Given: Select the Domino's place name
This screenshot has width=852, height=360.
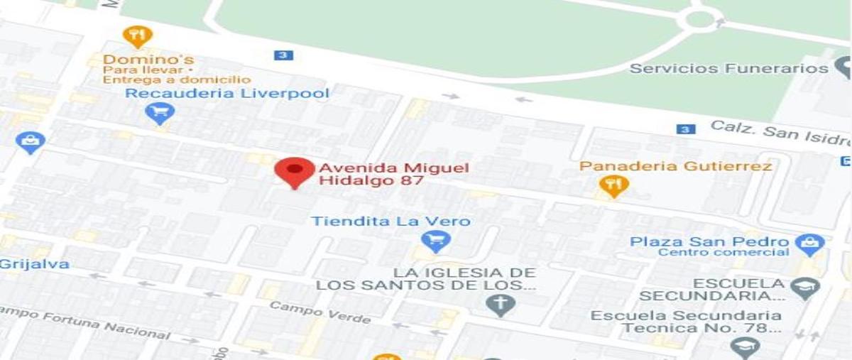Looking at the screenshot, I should pos(148,60).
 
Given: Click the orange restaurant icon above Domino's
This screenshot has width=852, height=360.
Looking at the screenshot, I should pos(137,36).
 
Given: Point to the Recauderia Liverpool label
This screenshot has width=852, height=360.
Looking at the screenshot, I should pos(227,94).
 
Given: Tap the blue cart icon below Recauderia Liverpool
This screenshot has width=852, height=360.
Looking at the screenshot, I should pos(159,113).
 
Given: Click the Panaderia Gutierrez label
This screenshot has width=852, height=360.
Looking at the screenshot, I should pos(675,166).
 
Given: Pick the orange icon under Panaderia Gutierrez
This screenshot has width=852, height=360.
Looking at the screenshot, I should pos(613,187).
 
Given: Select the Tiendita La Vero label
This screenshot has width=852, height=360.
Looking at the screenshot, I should pos(390,222).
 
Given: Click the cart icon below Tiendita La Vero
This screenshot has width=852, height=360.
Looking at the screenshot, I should pos(435,241).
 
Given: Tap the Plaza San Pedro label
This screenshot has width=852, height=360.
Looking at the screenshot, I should pos(709,242).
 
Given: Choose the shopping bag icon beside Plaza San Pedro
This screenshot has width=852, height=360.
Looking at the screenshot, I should pos(809,245).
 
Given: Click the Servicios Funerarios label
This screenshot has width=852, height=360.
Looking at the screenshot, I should pos(729,68).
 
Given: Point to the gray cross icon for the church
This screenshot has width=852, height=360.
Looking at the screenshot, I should pos(501,305).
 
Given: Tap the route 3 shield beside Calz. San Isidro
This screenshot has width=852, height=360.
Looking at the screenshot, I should pos(684,129).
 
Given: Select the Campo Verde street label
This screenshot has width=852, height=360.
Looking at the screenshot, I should pos(319,311).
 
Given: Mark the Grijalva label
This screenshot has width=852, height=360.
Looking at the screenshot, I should pos(34,264).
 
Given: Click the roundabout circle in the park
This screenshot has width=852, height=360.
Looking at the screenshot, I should pos(700,19).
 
